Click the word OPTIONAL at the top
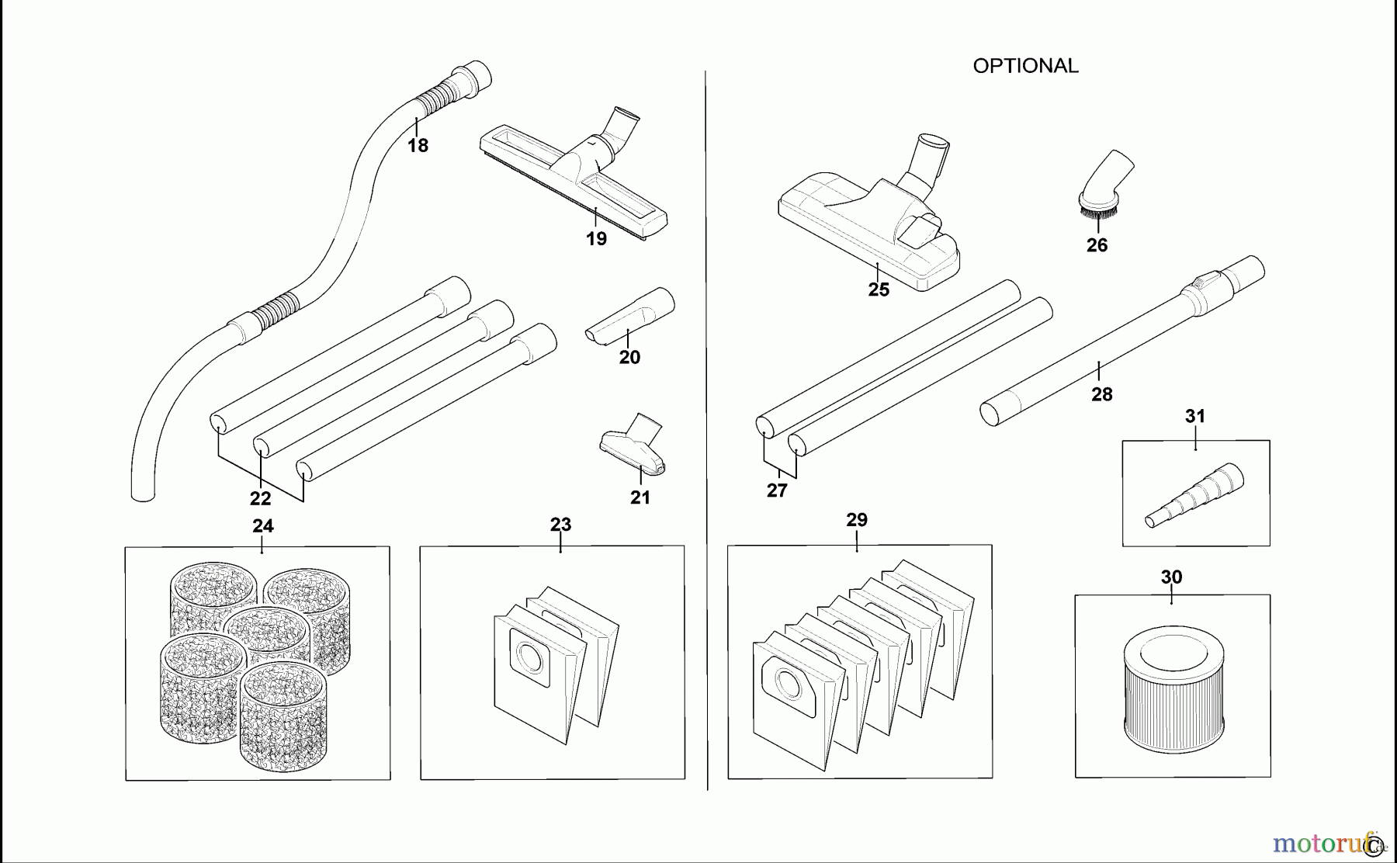pos(1025,66)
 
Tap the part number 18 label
pos(418,145)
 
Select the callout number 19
pos(596,239)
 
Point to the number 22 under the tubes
pos(260,498)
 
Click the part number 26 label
pos(1097,245)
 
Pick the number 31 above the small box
pos(1195,416)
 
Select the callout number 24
pos(263,526)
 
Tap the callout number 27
pos(777,490)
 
